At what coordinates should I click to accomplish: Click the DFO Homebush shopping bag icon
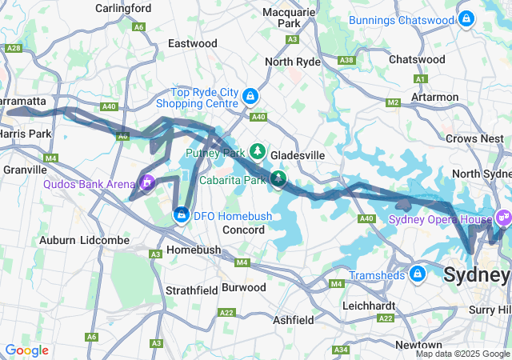point(182,215)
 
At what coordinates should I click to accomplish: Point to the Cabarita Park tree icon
point(278,178)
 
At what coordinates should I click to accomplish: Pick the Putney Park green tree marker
point(257,151)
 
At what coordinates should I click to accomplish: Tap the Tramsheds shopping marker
point(417,274)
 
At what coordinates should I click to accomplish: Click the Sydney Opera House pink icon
point(502,216)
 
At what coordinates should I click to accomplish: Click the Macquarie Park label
point(293,18)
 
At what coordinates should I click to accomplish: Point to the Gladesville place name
point(297,154)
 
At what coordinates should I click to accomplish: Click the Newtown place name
point(418,344)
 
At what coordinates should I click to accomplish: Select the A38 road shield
point(346,60)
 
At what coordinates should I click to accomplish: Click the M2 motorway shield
point(392,102)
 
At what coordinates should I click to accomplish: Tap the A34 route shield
point(341,350)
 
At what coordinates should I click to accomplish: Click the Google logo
point(27,350)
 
